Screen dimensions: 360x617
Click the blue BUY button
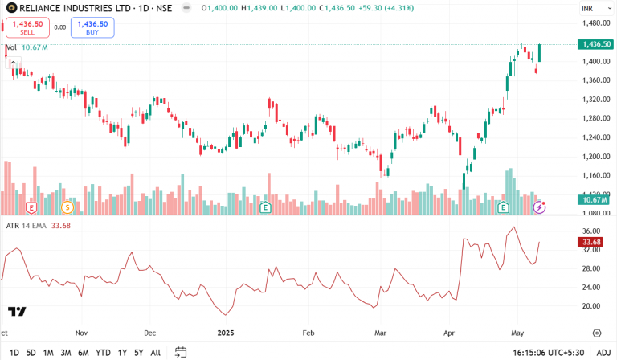click(92, 27)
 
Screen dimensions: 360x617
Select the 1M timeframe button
click(48, 352)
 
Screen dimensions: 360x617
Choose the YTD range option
click(103, 352)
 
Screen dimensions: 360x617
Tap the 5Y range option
click(138, 352)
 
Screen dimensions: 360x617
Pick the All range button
click(155, 352)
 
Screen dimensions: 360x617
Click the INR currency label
click(587, 9)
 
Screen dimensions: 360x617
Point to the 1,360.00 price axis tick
click(592, 80)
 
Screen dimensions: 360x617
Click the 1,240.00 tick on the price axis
click(592, 137)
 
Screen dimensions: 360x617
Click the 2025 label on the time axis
click(226, 331)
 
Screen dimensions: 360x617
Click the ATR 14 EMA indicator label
click(28, 225)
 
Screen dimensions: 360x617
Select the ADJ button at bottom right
click(603, 352)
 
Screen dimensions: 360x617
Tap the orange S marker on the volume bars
click(67, 207)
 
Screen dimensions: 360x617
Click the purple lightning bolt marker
click(540, 207)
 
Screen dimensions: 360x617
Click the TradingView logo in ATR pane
click(16, 312)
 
